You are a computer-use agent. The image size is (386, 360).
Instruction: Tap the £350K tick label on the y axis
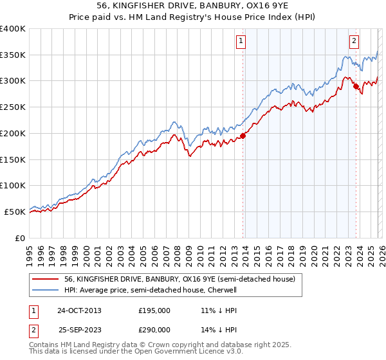click(13, 55)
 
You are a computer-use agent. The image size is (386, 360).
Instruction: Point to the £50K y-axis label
click(15, 212)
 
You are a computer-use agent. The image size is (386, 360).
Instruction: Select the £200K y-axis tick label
click(13, 133)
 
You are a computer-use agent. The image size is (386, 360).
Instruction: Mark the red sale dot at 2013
click(243, 136)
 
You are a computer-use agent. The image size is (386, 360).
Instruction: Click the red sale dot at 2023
click(356, 85)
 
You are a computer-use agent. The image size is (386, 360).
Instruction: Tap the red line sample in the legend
click(46, 280)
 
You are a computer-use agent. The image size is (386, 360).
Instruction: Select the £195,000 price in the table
click(154, 310)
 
